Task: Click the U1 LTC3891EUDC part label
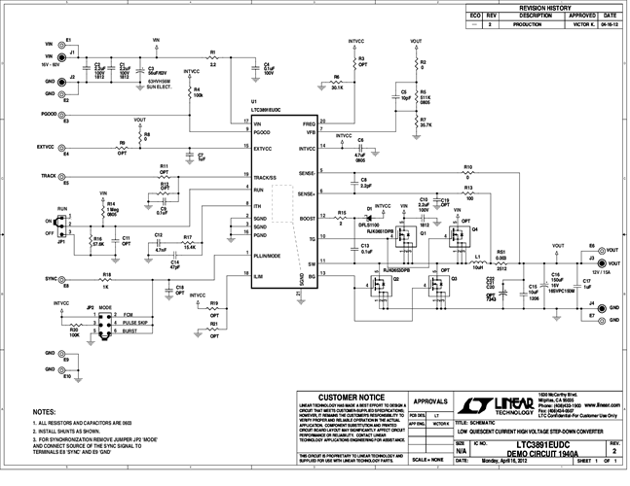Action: point(266,110)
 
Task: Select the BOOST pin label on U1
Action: point(306,220)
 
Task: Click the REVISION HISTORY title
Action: point(544,6)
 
